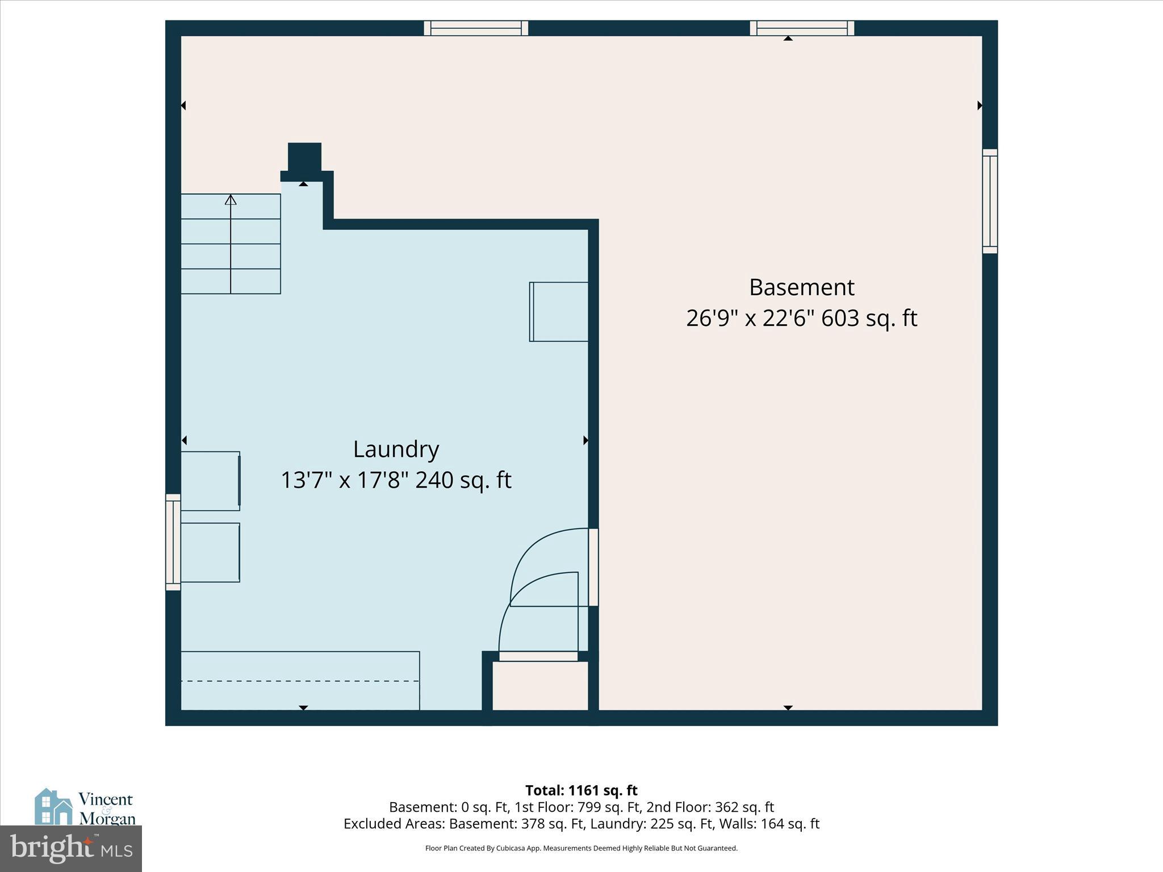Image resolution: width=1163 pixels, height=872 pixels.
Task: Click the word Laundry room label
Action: point(396,449)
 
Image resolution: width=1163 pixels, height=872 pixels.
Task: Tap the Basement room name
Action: point(801,287)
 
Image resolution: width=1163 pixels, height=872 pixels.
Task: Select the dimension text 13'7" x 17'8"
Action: point(345,480)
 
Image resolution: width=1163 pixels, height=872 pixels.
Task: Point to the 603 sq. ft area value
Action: point(869,318)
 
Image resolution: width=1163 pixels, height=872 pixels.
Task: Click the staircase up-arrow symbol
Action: point(231,200)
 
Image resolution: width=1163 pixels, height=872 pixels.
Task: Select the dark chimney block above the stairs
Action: point(304,157)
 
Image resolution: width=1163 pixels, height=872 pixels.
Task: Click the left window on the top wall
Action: point(476,28)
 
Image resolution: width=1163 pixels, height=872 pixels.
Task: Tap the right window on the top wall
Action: point(802,28)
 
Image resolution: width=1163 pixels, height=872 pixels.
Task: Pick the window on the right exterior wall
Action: point(989,201)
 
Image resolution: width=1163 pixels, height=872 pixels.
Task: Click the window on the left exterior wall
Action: point(173,542)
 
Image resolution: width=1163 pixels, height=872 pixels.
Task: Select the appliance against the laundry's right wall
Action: point(559,312)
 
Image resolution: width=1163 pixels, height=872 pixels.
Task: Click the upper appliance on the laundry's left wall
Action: point(210,480)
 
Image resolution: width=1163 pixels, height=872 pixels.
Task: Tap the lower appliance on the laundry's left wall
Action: point(210,552)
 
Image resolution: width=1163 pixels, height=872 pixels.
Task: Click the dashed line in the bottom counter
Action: point(300,681)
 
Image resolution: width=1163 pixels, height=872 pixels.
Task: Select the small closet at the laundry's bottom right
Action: point(539,686)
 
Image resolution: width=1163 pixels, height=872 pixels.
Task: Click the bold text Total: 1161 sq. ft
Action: point(581,790)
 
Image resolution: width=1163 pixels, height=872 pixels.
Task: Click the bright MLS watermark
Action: point(71,849)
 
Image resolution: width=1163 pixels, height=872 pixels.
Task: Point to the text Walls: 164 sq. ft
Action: point(767,824)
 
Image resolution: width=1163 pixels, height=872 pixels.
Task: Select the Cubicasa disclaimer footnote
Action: point(581,848)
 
